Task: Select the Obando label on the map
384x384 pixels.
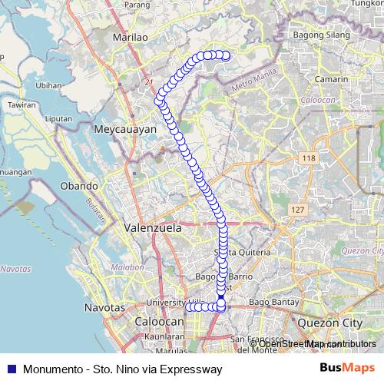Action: [x=78, y=186]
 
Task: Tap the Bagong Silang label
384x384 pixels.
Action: [x=321, y=36]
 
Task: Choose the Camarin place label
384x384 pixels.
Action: [x=332, y=78]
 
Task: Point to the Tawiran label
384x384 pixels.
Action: [x=22, y=104]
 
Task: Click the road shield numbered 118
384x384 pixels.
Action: [x=310, y=158]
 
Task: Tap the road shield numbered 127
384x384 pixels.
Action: [x=297, y=209]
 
